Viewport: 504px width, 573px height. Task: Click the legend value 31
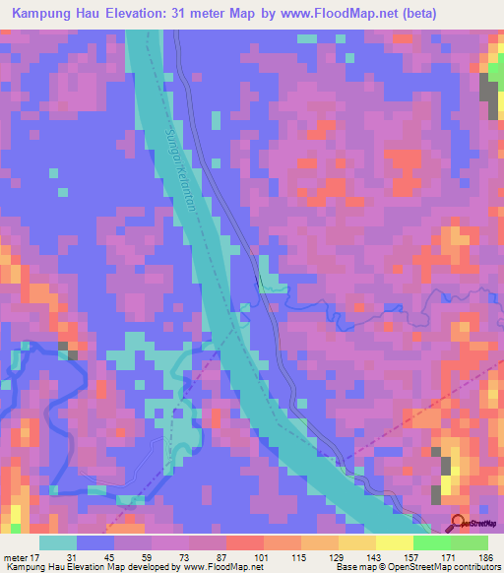(72, 556)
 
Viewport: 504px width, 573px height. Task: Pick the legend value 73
(154, 556)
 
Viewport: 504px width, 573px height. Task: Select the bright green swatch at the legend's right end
(470, 542)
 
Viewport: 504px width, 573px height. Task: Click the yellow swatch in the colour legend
(395, 542)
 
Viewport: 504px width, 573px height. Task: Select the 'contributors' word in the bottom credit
(474, 567)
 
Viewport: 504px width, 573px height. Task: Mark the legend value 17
(36, 556)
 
